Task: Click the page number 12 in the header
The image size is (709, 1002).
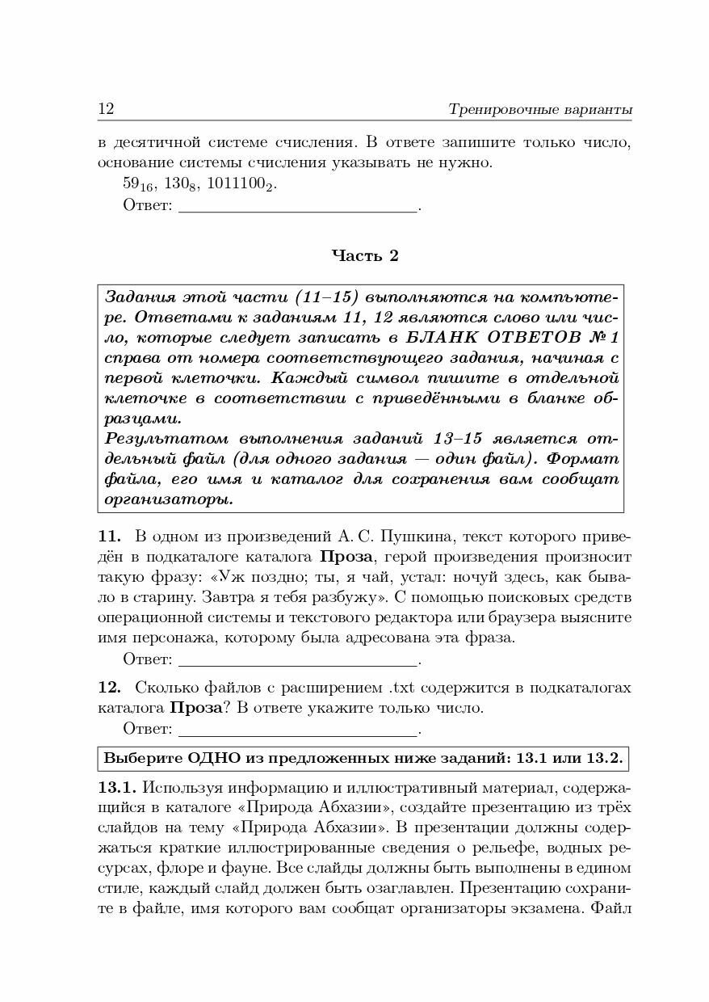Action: pyautogui.click(x=106, y=109)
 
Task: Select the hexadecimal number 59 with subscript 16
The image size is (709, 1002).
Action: pyautogui.click(x=138, y=184)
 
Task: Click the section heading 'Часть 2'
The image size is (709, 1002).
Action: pyautogui.click(x=365, y=256)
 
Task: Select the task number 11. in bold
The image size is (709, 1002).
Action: pyautogui.click(x=110, y=536)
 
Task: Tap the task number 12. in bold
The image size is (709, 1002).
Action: pyautogui.click(x=110, y=688)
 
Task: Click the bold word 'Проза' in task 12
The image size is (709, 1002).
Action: pyautogui.click(x=195, y=709)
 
